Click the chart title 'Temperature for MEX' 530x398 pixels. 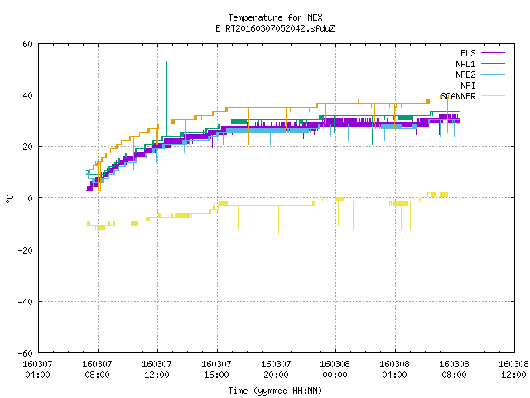pyautogui.click(x=275, y=17)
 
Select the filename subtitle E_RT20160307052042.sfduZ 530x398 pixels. pyautogui.click(x=275, y=28)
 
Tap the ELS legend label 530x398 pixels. pyautogui.click(x=468, y=53)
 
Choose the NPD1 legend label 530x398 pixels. pyautogui.click(x=465, y=64)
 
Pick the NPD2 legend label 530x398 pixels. pyautogui.click(x=465, y=75)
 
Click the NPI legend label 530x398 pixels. pyautogui.click(x=468, y=85)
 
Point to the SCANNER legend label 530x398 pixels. pyautogui.click(x=458, y=96)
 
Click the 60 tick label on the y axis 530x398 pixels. pyautogui.click(x=27, y=44)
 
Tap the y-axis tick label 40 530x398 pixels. pyautogui.click(x=27, y=95)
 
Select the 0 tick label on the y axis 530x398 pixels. pyautogui.click(x=31, y=198)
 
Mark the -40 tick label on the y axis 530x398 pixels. pyautogui.click(x=26, y=302)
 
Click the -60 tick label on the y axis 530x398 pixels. pyautogui.click(x=26, y=353)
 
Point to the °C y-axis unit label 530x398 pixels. pyautogui.click(x=10, y=199)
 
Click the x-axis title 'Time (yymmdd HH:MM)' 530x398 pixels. pyautogui.click(x=275, y=391)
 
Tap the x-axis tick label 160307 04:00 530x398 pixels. pyautogui.click(x=37, y=370)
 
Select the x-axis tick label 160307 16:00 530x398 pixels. pyautogui.click(x=216, y=370)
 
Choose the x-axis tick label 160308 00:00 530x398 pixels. pyautogui.click(x=335, y=370)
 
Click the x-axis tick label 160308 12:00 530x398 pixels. pyautogui.click(x=513, y=370)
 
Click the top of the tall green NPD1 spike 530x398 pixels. pyautogui.click(x=166, y=61)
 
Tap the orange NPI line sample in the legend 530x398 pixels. pyautogui.click(x=494, y=85)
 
